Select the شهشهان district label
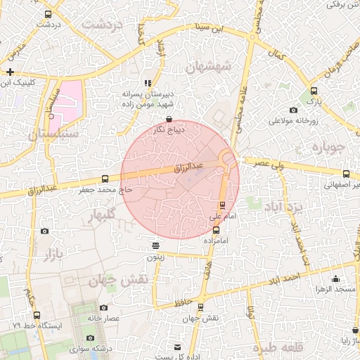(x=207, y=67)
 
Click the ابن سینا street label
(x=212, y=30)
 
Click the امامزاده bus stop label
(x=217, y=240)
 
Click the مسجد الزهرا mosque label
(x=336, y=289)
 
